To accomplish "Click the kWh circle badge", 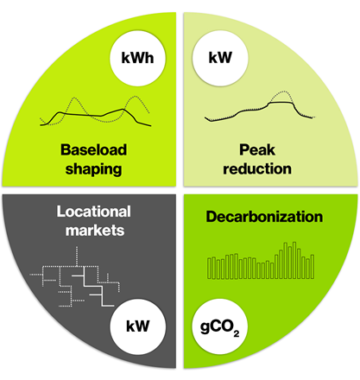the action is click(x=137, y=58).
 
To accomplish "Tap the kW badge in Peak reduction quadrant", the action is click(x=220, y=58).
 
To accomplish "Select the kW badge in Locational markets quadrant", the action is click(x=138, y=326).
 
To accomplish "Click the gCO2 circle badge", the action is click(x=220, y=326).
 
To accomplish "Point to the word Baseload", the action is click(x=93, y=149).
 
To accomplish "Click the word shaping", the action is click(x=93, y=169).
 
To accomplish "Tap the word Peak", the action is click(x=257, y=149).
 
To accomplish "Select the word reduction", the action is click(x=257, y=168).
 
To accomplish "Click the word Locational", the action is click(x=94, y=212).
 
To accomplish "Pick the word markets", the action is click(x=95, y=231).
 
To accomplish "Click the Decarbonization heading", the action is click(x=264, y=217).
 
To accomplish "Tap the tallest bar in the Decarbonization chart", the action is click(x=294, y=260).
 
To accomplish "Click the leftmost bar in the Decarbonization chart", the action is click(x=209, y=269).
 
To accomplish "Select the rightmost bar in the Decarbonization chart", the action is click(x=313, y=267).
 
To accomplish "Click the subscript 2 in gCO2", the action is click(x=237, y=333).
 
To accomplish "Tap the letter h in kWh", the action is click(x=149, y=58).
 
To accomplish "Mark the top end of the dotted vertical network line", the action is click(x=77, y=247).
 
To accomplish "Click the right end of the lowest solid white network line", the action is click(x=114, y=306).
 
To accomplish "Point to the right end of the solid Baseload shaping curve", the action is click(x=151, y=126).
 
